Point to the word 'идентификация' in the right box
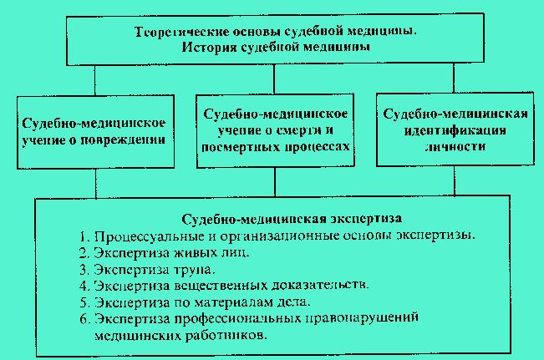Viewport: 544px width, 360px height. tap(455, 131)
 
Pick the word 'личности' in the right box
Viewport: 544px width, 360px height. tap(455, 147)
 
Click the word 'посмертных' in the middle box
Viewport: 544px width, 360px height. tap(241, 147)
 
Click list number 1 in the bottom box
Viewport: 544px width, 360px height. tap(84, 236)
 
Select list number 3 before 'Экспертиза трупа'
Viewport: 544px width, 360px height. tap(84, 270)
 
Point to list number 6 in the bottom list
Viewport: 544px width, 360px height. tap(84, 319)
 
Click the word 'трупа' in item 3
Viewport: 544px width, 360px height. tap(194, 270)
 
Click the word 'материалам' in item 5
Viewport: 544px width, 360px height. tap(233, 302)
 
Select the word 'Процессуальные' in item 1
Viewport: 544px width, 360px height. tap(150, 236)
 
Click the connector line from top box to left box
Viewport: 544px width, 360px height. tap(94, 80)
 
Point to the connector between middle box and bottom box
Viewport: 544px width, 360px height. tap(275, 182)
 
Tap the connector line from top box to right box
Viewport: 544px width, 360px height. tap(454, 78)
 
